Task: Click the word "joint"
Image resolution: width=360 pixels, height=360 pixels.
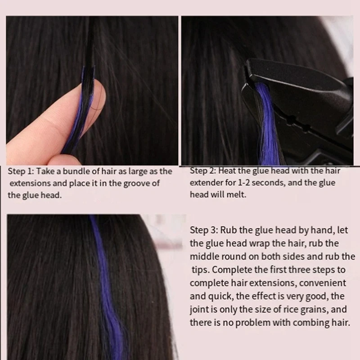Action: (x=199, y=309)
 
